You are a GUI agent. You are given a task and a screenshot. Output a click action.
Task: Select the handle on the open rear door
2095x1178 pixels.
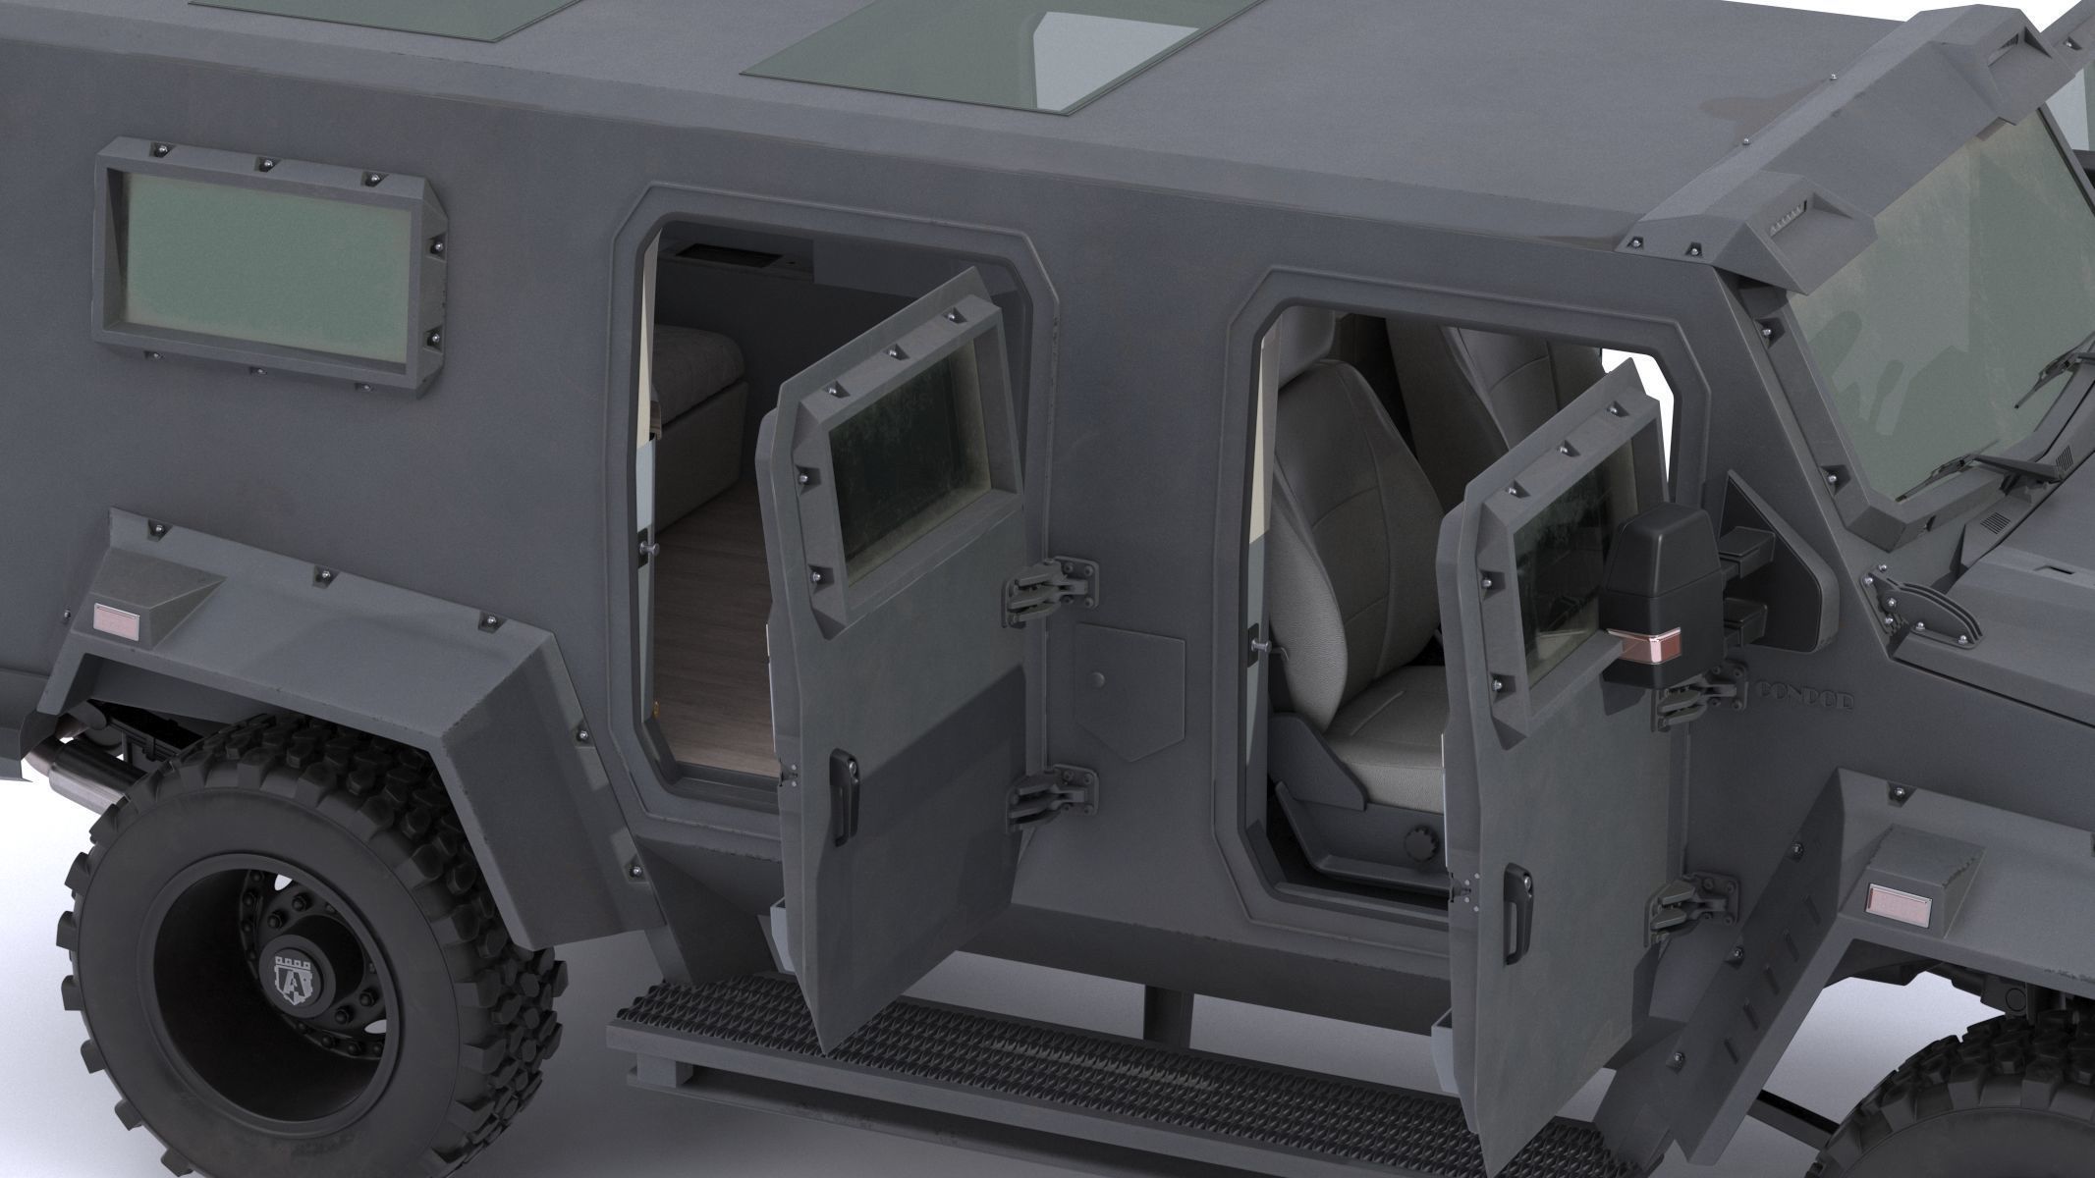[843, 781]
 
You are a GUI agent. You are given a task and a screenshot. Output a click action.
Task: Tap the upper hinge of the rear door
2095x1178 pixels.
[1051, 585]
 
